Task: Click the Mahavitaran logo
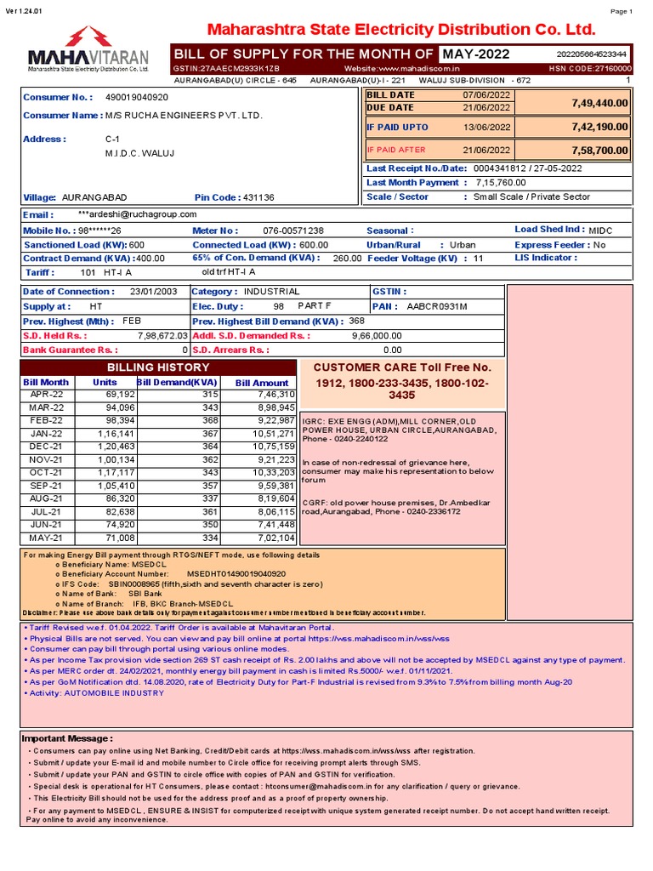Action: pyautogui.click(x=88, y=48)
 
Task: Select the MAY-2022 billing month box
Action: pyautogui.click(x=476, y=54)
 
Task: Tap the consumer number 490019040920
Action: pyautogui.click(x=136, y=97)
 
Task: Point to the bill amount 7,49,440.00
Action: pyautogui.click(x=599, y=102)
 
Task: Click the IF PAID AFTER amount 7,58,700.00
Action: pyautogui.click(x=599, y=150)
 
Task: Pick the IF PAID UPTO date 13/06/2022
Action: pyautogui.click(x=487, y=127)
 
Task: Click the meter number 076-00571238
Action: pyautogui.click(x=293, y=231)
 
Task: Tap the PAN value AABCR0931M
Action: pyautogui.click(x=437, y=306)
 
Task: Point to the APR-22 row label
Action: pyautogui.click(x=47, y=395)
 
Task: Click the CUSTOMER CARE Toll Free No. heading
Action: pyautogui.click(x=402, y=367)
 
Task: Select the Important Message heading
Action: pyautogui.click(x=66, y=738)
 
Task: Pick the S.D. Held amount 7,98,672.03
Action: pyautogui.click(x=162, y=336)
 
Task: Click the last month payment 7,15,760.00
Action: pyautogui.click(x=500, y=182)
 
